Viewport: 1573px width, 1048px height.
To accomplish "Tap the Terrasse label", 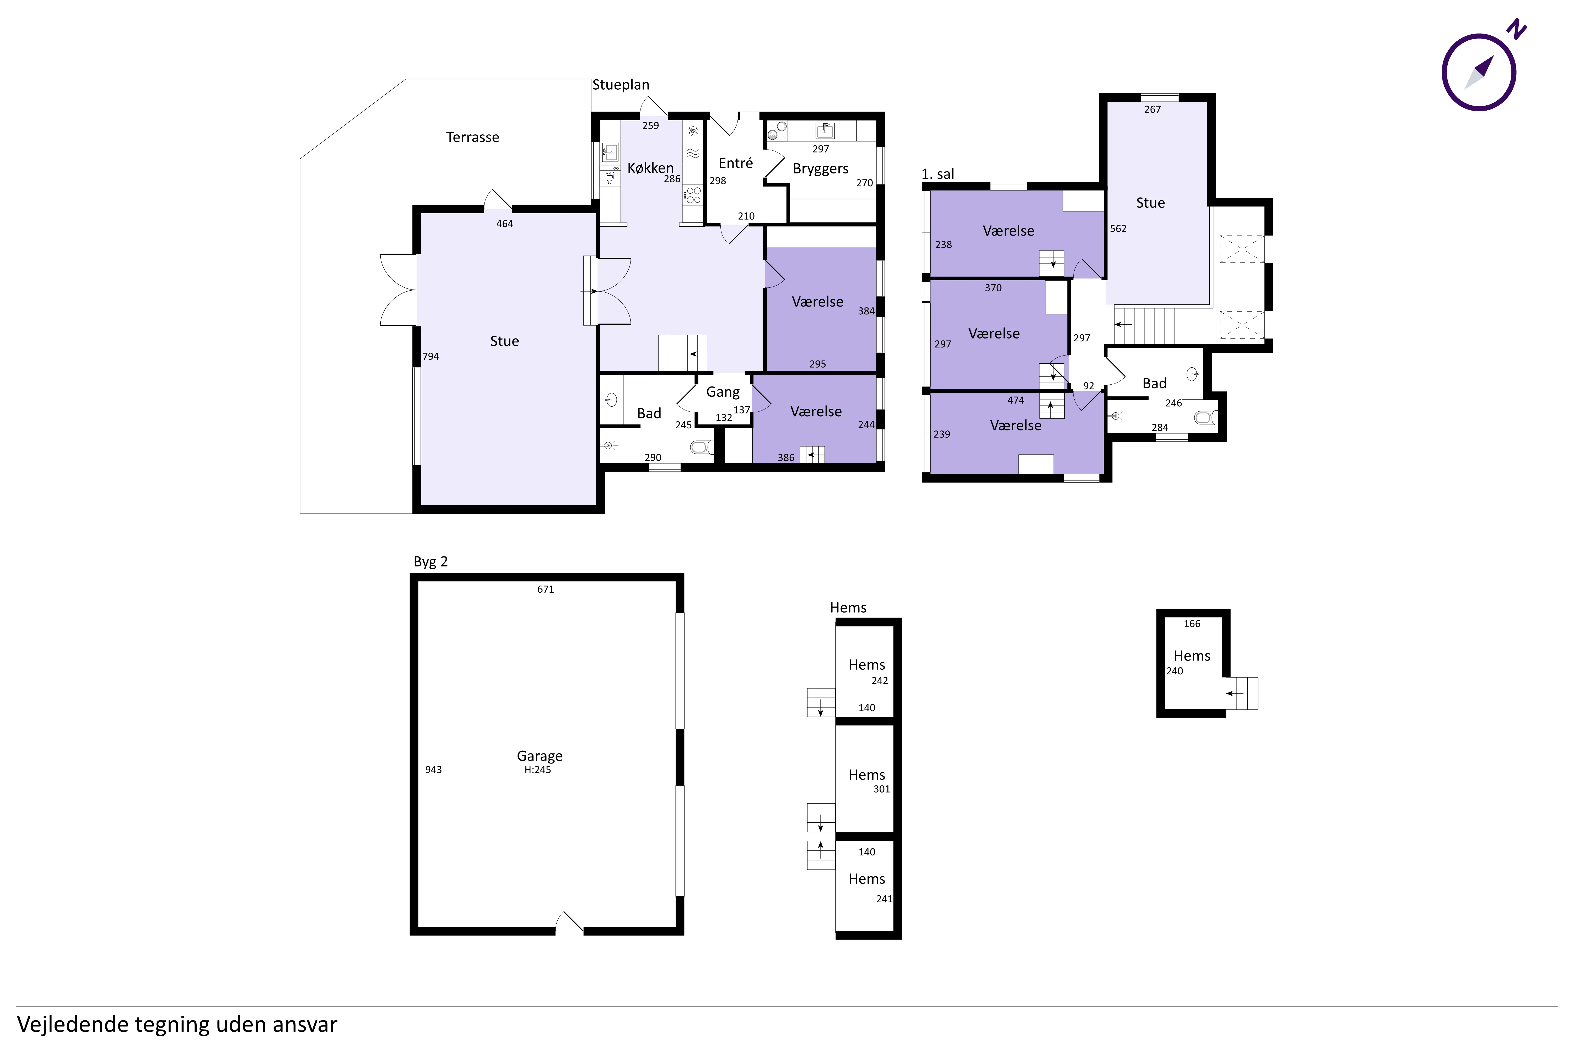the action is [473, 137].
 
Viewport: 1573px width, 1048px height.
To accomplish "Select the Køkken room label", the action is [650, 168].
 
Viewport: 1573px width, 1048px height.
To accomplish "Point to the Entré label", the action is [736, 163].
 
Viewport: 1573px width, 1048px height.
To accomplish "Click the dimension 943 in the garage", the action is [433, 770].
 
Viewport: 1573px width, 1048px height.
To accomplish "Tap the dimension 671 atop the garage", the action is [546, 589].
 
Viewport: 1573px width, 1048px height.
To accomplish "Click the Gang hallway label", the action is [723, 392].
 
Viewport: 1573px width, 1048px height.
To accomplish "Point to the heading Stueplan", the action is [621, 85].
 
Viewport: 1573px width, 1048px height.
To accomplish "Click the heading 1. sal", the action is [938, 174].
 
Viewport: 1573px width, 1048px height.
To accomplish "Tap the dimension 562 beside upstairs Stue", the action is [1118, 228].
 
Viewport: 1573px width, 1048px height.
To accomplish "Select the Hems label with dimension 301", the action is [867, 775].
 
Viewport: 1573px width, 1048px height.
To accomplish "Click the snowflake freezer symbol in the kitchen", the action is [693, 130].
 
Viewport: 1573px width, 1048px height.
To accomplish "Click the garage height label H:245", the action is [538, 770].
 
